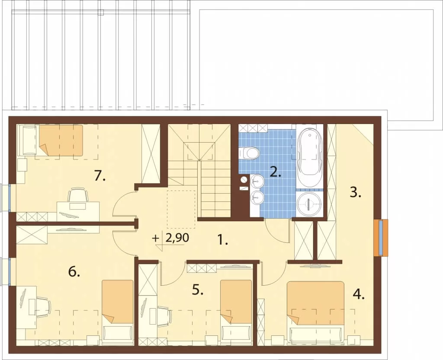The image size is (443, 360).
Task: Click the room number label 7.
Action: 100,176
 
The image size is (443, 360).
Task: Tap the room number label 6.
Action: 74,272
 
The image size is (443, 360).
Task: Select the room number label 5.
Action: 198,290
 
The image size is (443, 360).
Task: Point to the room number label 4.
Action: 359,295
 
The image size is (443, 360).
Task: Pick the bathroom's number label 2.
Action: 276,172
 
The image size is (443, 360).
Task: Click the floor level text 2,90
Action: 177,238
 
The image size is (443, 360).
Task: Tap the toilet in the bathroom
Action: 249,153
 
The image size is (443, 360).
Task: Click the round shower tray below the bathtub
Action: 310,204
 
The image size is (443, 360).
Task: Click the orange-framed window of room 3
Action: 381,238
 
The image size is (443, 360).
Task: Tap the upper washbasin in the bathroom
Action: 257,181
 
